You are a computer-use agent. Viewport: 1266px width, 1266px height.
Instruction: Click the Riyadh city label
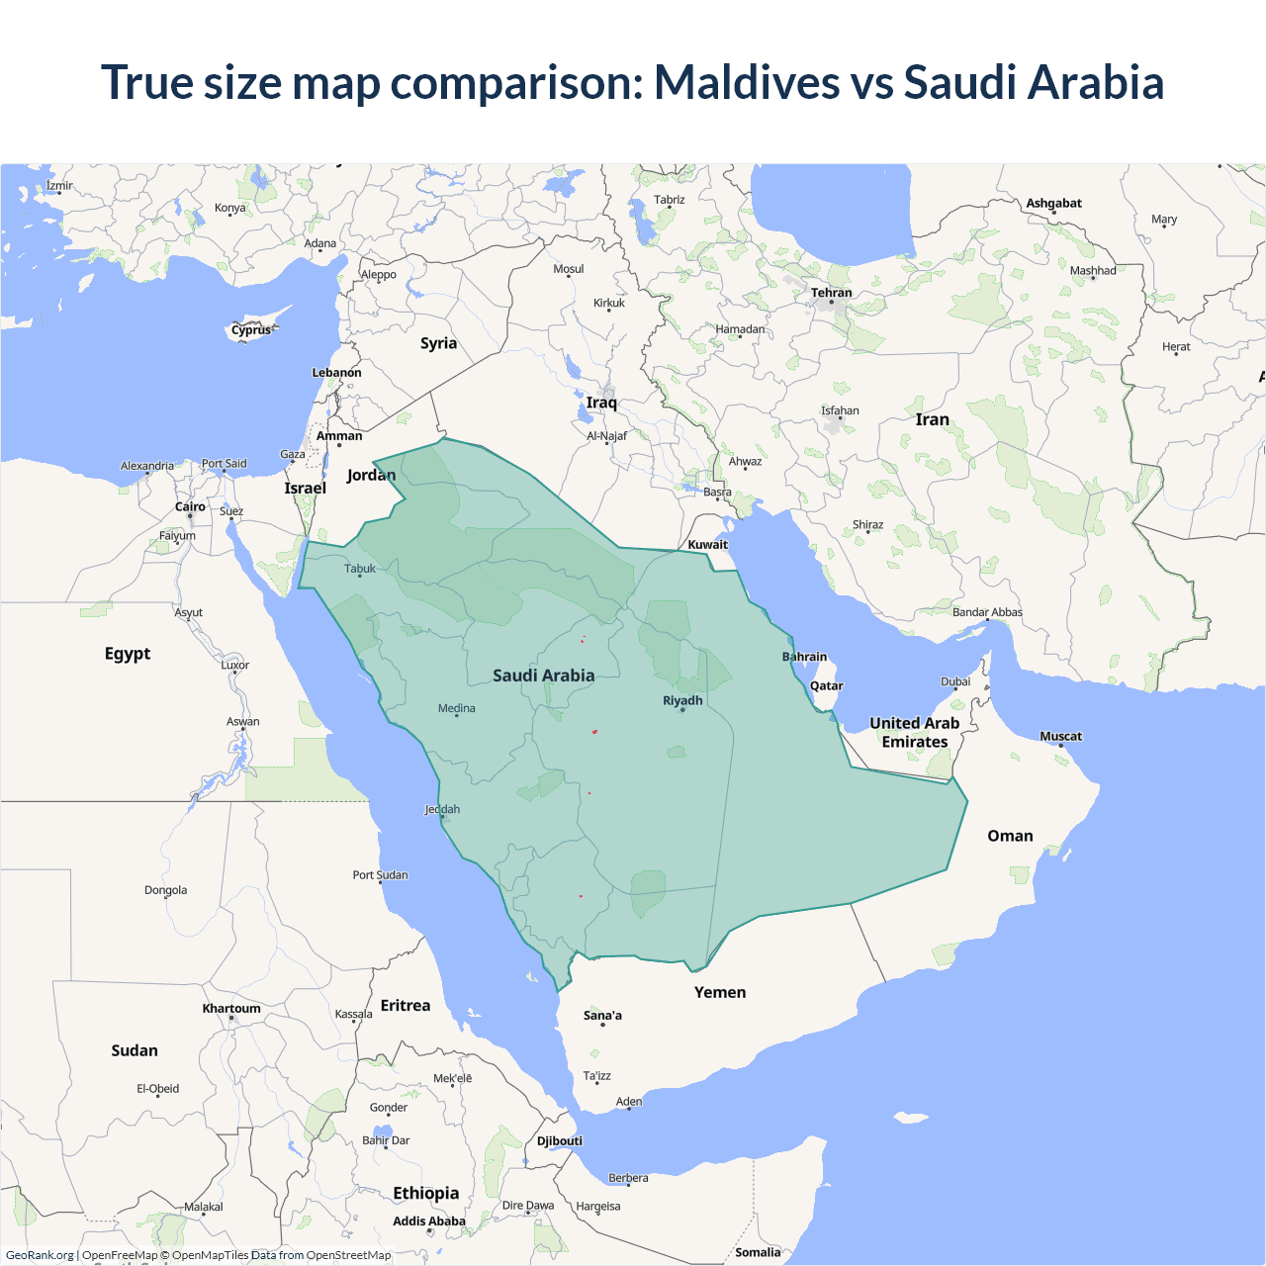pyautogui.click(x=682, y=700)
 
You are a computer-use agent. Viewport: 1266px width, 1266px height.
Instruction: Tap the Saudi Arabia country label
pyautogui.click(x=543, y=676)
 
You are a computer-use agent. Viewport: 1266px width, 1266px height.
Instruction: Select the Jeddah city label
pyautogui.click(x=442, y=809)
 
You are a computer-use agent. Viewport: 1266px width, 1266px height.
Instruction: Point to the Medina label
pyautogui.click(x=456, y=708)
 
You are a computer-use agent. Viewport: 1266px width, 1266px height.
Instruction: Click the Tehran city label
pyautogui.click(x=831, y=293)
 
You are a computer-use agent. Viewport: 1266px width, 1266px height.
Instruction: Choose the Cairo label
pyautogui.click(x=190, y=506)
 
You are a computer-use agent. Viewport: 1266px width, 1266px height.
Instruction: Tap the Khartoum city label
pyautogui.click(x=231, y=1009)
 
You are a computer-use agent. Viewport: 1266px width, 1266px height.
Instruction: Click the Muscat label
pyautogui.click(x=1060, y=736)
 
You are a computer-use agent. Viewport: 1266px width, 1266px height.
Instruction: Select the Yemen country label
pyautogui.click(x=719, y=992)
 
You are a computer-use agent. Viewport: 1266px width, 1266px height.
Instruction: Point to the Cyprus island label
pyautogui.click(x=251, y=330)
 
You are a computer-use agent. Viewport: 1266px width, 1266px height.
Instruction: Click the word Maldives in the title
pyautogui.click(x=747, y=82)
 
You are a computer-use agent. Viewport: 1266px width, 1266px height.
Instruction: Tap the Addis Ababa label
pyautogui.click(x=428, y=1221)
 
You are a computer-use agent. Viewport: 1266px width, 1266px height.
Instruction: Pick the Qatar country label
pyautogui.click(x=826, y=685)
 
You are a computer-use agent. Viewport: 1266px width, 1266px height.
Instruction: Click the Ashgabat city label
pyautogui.click(x=1053, y=203)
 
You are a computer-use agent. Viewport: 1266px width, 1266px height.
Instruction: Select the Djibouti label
pyautogui.click(x=559, y=1140)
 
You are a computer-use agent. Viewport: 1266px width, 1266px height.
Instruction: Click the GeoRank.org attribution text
pyautogui.click(x=40, y=1255)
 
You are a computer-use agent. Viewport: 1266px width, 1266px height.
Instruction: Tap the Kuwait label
pyautogui.click(x=707, y=544)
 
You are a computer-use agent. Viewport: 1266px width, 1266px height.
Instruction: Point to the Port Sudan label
pyautogui.click(x=380, y=874)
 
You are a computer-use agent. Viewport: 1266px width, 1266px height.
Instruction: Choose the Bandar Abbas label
pyautogui.click(x=987, y=612)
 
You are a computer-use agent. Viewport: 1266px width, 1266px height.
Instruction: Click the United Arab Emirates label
pyautogui.click(x=914, y=732)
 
